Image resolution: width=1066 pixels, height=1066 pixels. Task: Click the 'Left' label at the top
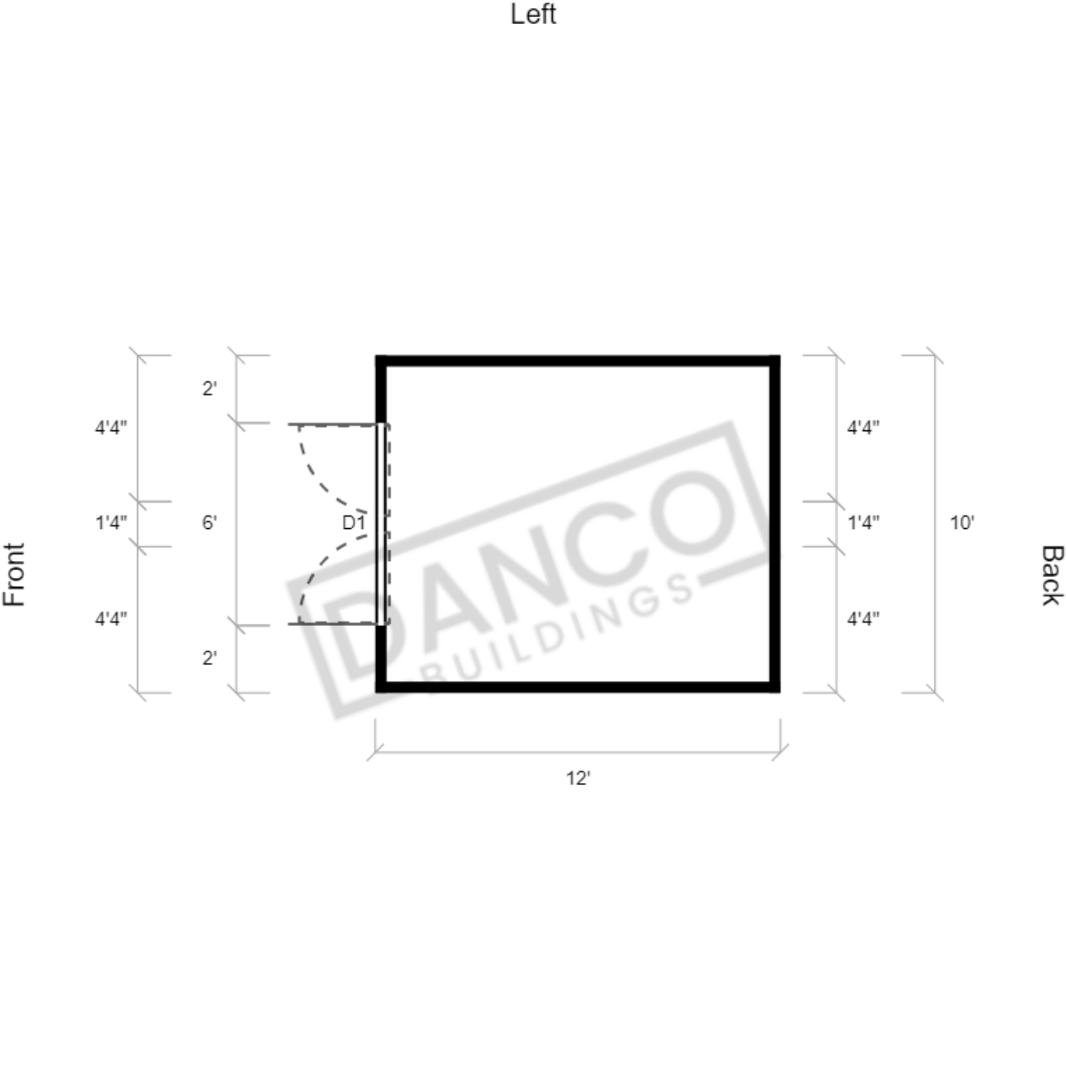[533, 14]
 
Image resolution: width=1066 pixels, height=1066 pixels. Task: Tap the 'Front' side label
[14, 573]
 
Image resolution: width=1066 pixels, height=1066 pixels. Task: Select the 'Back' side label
[1051, 574]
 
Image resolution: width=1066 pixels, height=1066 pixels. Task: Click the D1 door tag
[354, 523]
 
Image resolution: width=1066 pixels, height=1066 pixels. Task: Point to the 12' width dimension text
[578, 779]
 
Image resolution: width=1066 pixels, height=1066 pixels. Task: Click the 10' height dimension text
[961, 523]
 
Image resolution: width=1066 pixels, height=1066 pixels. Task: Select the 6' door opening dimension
[210, 523]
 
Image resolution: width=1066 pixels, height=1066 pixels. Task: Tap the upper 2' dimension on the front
[210, 389]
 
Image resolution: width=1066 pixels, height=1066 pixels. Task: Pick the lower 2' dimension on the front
[210, 658]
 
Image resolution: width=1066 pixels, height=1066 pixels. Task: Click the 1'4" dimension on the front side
[111, 523]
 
